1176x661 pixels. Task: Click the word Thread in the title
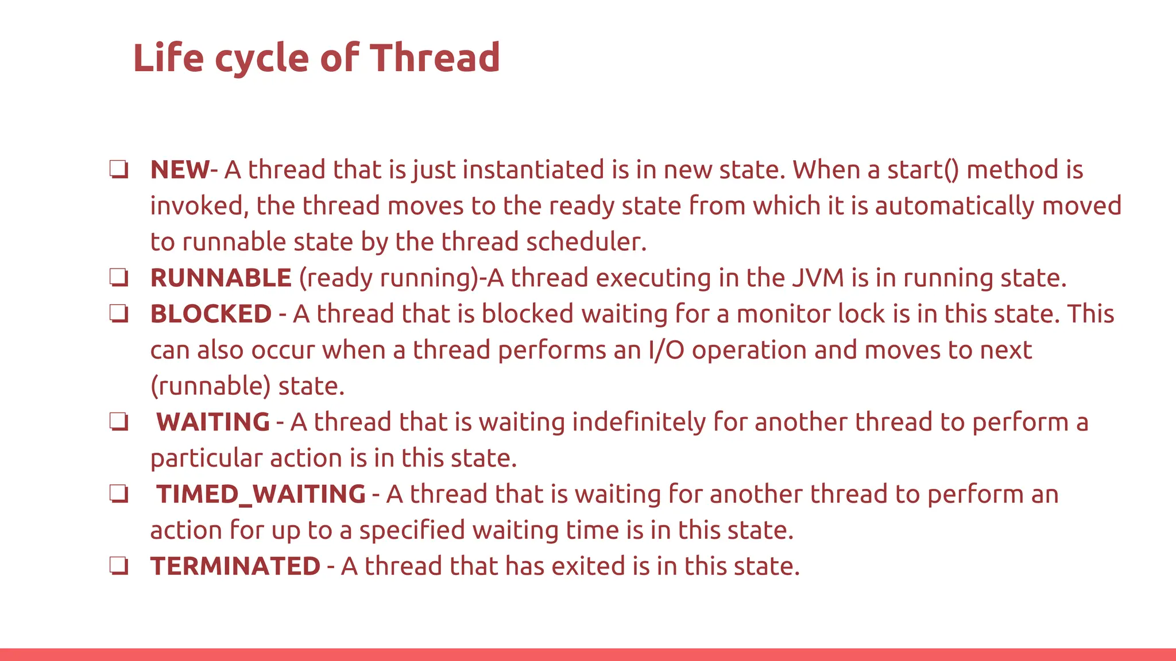[x=435, y=58]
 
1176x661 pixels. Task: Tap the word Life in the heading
[x=168, y=58]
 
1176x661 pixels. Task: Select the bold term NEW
[x=180, y=170]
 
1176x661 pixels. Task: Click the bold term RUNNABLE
[x=221, y=278]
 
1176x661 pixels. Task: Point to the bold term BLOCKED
[x=211, y=314]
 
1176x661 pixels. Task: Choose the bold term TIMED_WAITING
[x=261, y=495]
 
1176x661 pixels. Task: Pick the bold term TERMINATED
[x=235, y=566]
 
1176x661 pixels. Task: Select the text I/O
[x=666, y=351]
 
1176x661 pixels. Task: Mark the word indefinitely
[x=639, y=422]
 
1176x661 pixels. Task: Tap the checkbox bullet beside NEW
[x=119, y=170]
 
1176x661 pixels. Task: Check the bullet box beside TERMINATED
[x=119, y=566]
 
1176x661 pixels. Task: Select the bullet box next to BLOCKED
[x=119, y=314]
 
